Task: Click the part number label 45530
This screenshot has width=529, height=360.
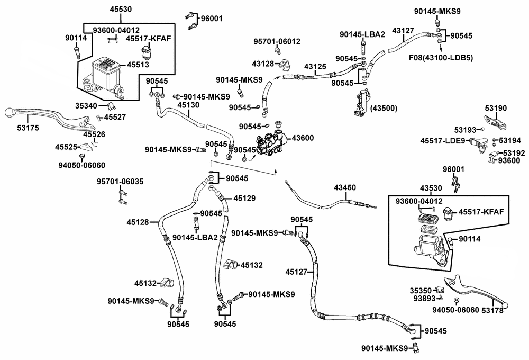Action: [x=121, y=9]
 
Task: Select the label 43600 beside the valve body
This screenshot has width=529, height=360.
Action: [x=303, y=138]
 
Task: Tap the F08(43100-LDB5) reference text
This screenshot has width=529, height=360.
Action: [x=441, y=58]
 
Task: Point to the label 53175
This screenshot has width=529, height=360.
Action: [x=28, y=128]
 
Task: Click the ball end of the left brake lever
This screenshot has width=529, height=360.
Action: [x=9, y=112]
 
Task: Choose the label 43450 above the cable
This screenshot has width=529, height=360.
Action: [x=345, y=187]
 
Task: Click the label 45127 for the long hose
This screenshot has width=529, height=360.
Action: [x=296, y=272]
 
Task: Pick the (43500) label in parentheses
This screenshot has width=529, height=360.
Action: [x=384, y=109]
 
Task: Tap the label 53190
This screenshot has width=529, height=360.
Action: [x=496, y=108]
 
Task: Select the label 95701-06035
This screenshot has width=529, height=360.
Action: [x=120, y=182]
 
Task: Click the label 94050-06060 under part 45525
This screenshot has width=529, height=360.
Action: [x=81, y=165]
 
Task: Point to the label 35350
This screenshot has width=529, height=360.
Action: [x=421, y=291]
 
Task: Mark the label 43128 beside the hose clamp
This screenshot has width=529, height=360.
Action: [x=263, y=64]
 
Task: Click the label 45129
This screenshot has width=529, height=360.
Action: [x=244, y=198]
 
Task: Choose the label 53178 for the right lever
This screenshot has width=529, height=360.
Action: [x=492, y=310]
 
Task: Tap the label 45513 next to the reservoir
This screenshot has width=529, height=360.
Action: [x=138, y=65]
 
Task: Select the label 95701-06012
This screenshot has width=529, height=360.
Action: [x=277, y=41]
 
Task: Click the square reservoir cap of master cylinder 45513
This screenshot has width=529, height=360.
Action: [x=106, y=63]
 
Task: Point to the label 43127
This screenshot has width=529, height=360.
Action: [x=403, y=31]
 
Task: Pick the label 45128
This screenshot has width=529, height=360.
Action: [x=138, y=222]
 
